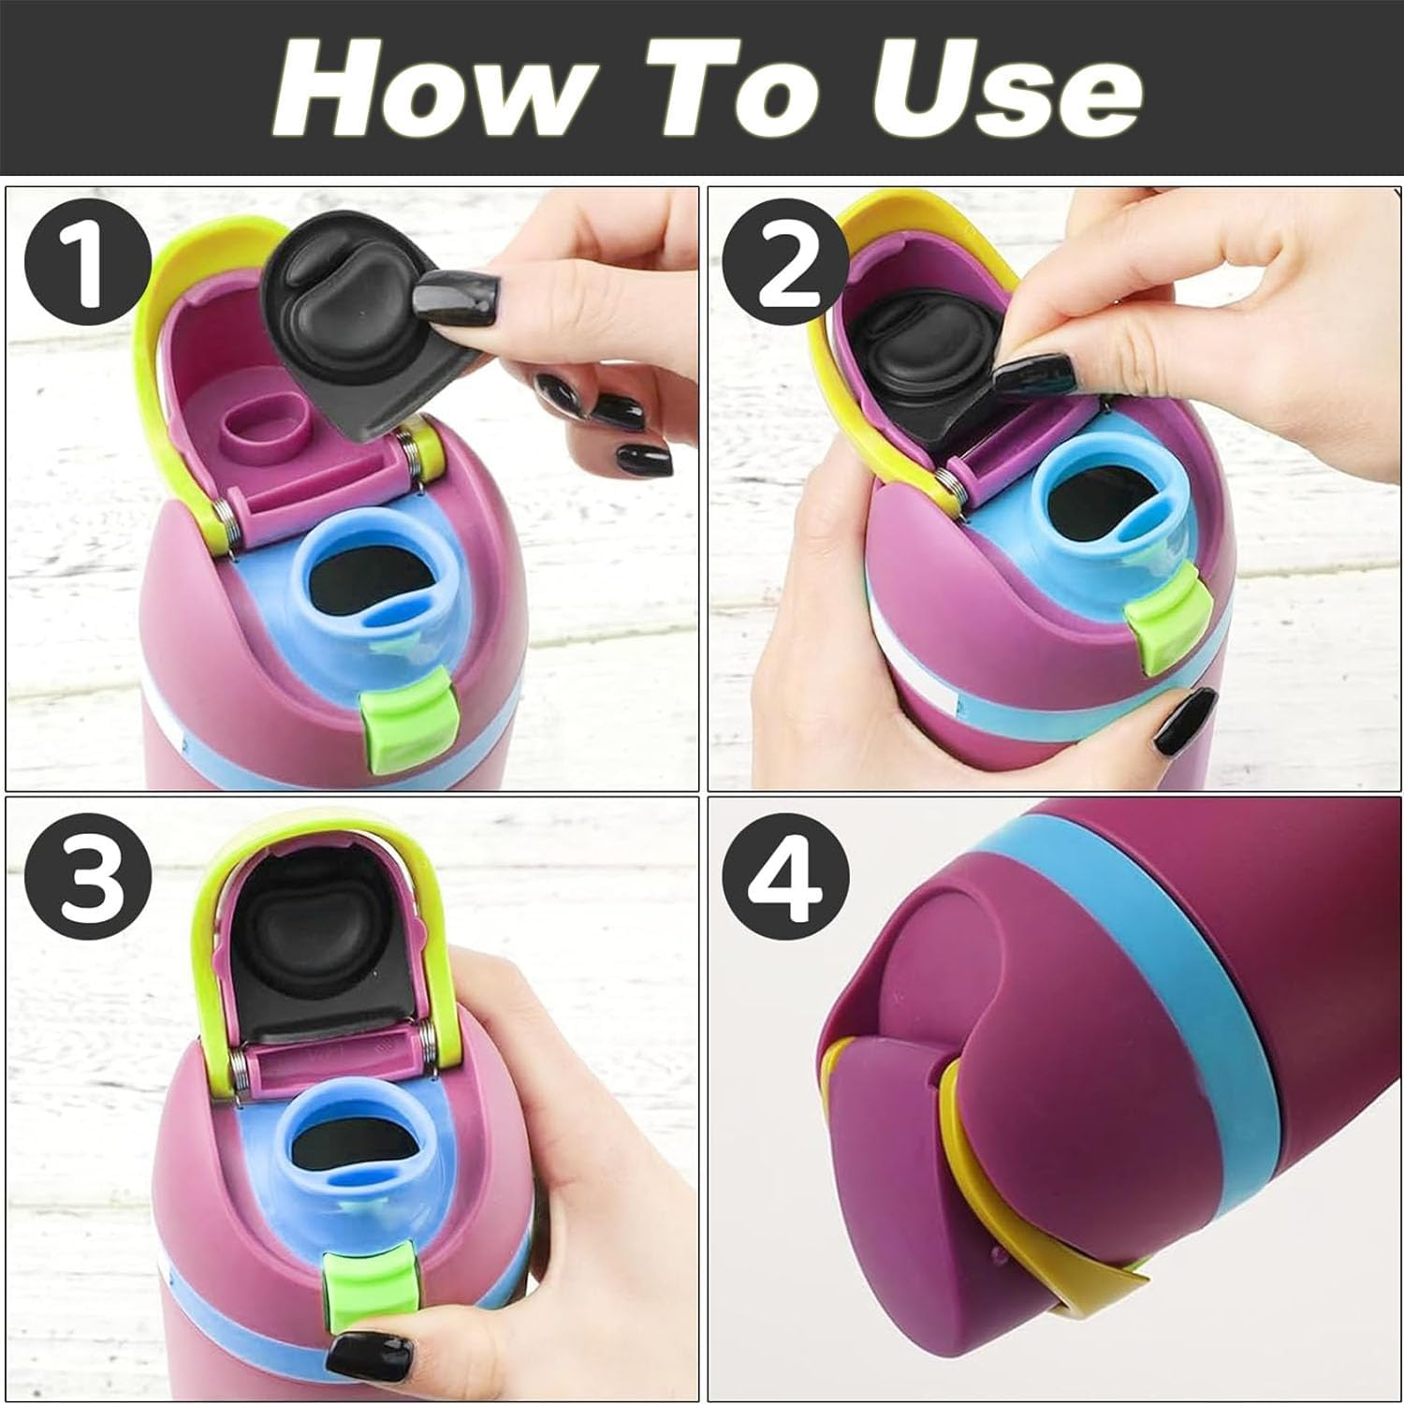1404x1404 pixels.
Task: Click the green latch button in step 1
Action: point(399,726)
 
